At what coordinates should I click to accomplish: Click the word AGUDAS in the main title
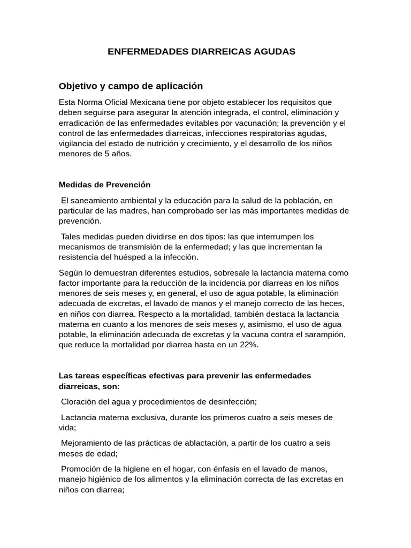tap(272, 52)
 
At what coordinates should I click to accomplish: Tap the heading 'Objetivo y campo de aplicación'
tap(131, 86)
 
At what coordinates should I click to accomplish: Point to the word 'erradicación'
tap(80, 123)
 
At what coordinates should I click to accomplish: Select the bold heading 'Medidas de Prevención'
tap(104, 185)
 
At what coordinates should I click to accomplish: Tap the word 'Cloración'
tap(80, 401)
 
